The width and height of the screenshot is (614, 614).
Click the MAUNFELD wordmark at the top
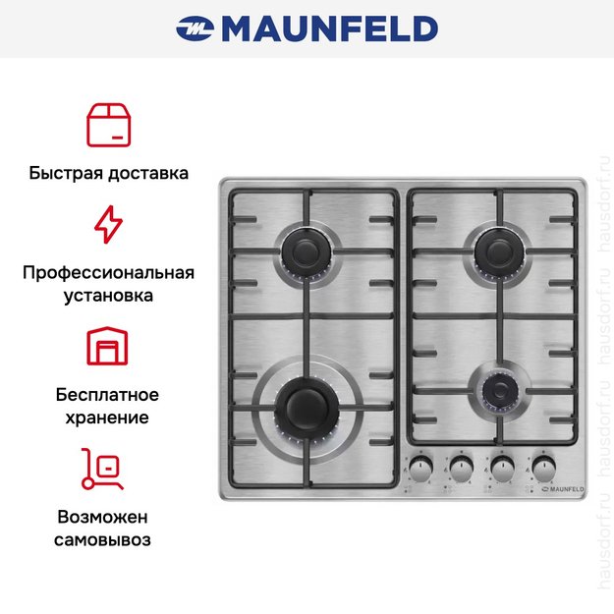click(x=329, y=28)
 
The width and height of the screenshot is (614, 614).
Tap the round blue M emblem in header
click(x=195, y=28)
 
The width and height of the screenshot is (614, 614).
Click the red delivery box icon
click(x=108, y=123)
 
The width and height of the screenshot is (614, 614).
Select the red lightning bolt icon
click(x=108, y=224)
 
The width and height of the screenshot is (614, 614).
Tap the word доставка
click(x=148, y=173)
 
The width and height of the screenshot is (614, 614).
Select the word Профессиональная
click(x=108, y=272)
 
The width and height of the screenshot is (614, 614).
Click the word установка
click(x=108, y=295)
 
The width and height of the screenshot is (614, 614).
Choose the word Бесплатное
click(x=108, y=395)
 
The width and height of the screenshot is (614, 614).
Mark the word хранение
click(x=108, y=418)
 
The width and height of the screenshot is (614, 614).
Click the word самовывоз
click(x=108, y=539)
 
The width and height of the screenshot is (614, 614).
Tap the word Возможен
click(x=108, y=517)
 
